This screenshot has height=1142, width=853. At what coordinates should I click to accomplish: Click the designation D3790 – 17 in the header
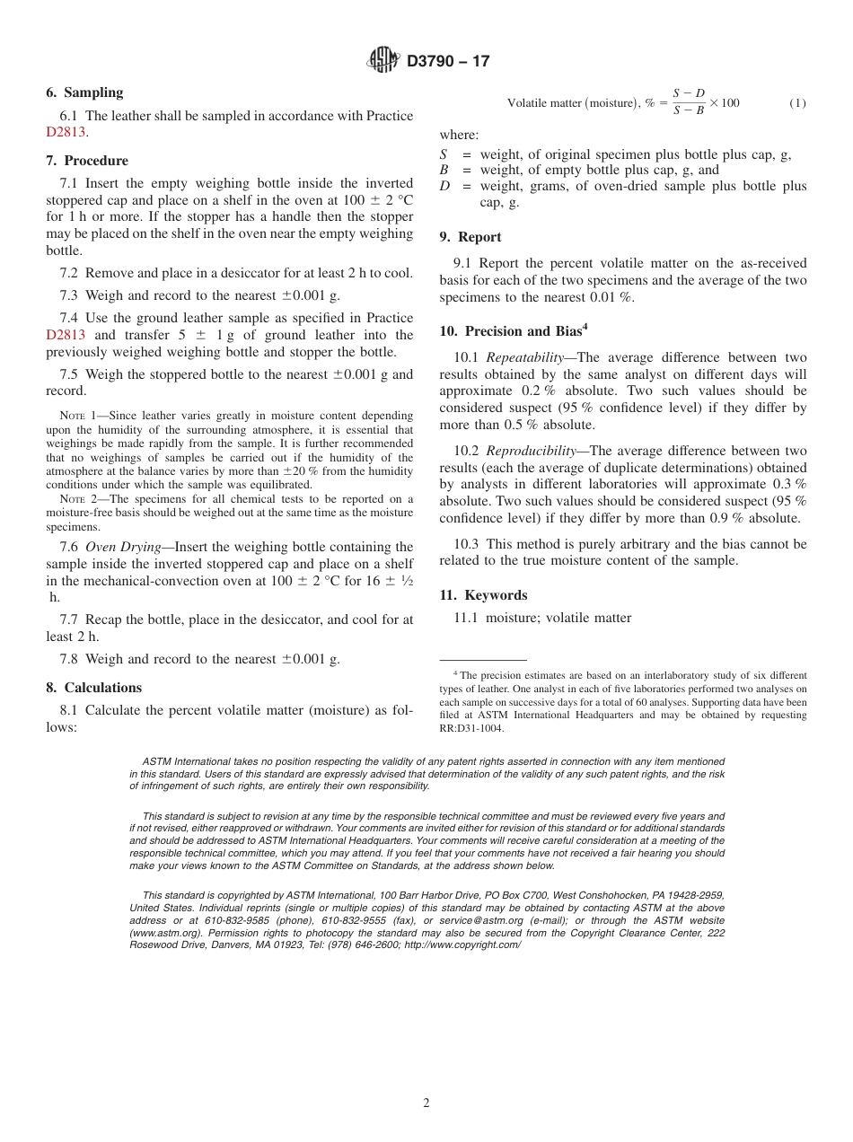click(x=448, y=62)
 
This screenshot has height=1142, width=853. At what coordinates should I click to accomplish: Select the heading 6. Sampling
click(x=84, y=92)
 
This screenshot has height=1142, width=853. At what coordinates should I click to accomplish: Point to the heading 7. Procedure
click(x=87, y=161)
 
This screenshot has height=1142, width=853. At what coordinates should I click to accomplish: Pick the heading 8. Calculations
click(x=93, y=688)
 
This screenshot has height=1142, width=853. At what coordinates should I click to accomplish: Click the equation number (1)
click(x=797, y=103)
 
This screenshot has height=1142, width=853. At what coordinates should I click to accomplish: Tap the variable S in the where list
click(x=444, y=154)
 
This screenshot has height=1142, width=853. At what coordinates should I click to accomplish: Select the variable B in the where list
click(x=444, y=170)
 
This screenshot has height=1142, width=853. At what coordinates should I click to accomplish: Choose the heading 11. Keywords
click(x=483, y=595)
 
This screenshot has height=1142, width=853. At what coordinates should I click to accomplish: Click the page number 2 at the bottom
click(x=426, y=1103)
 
